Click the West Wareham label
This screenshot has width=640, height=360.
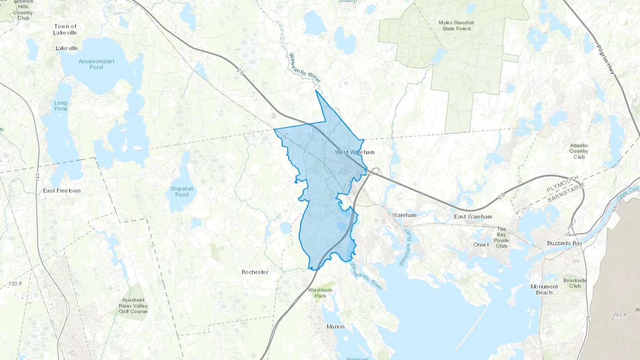354,152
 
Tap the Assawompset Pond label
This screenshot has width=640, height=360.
96,64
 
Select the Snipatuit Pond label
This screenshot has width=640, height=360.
182,192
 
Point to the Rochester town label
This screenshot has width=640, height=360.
255,272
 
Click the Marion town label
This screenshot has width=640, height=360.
335,327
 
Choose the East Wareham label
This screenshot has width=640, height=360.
473,216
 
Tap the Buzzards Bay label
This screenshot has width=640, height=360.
564,243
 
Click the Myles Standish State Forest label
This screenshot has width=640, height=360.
456,26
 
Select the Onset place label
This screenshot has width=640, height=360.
481,245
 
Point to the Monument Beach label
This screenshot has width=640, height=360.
544,290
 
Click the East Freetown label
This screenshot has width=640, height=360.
62,191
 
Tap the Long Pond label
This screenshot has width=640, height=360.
60,106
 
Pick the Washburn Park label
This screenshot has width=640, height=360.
320,293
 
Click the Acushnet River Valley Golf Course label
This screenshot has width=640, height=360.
133,306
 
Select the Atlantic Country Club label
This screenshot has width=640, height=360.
579,151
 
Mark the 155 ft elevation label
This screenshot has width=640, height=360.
15,284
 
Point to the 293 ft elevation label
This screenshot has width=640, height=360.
619,315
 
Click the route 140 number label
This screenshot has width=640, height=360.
38,177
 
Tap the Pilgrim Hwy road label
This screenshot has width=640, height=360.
605,59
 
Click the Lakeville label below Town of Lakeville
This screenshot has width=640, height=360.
66,48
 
